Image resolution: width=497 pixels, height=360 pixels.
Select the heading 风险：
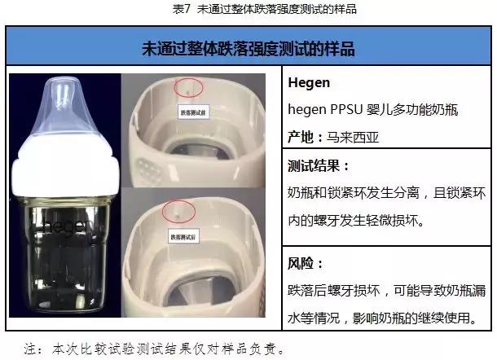click(x=307, y=264)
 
